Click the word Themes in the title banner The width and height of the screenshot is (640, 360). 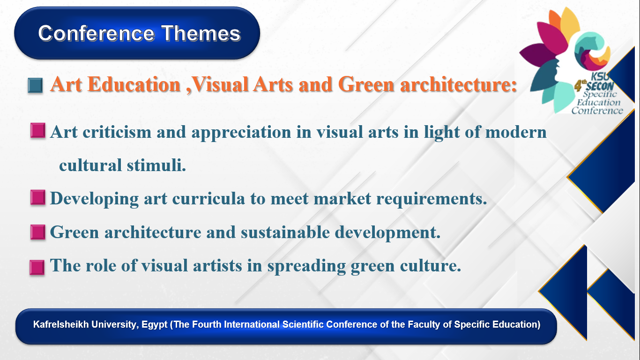click(201, 33)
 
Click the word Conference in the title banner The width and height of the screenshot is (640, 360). click(97, 33)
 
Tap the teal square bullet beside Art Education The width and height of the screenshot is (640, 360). click(36, 85)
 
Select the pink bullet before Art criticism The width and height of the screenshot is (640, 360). click(37, 131)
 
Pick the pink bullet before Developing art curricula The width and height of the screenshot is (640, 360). click(37, 197)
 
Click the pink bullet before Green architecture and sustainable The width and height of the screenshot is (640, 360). click(37, 232)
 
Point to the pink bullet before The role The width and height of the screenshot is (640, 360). click(37, 267)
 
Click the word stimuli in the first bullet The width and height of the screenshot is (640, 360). click(156, 165)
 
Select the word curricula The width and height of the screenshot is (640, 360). click(208, 198)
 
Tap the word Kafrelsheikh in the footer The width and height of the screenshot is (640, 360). click(61, 324)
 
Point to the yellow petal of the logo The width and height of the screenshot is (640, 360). click(570, 23)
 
